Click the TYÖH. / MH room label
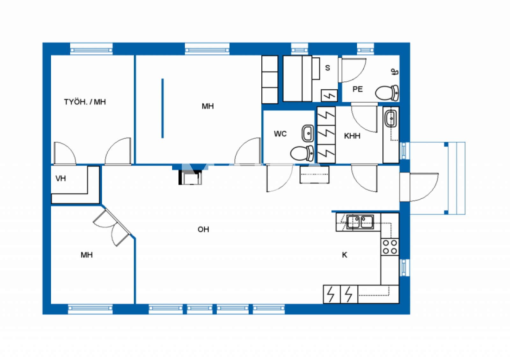click(x=85, y=102)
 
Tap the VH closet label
click(x=61, y=179)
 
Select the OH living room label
click(x=203, y=230)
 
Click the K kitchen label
click(x=345, y=255)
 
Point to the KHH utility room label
click(x=352, y=136)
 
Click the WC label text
click(x=280, y=134)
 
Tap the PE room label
click(x=358, y=89)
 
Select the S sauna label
click(x=327, y=68)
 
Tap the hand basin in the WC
click(x=308, y=133)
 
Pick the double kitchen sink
click(x=360, y=222)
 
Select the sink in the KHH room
click(x=391, y=119)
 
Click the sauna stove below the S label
click(x=329, y=95)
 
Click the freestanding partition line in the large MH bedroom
click(x=163, y=108)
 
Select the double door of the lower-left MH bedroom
click(x=112, y=227)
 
